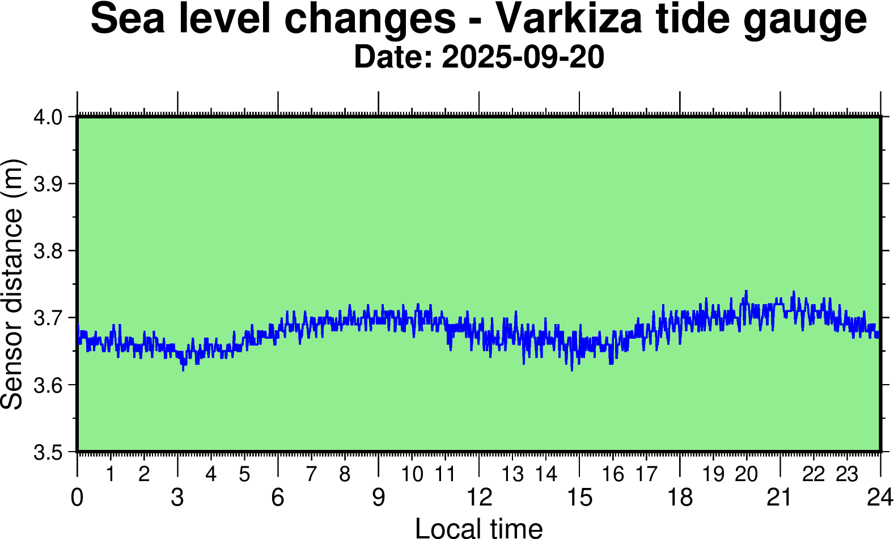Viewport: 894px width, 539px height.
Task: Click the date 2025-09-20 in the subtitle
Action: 523,58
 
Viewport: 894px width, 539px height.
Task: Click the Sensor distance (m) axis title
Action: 12,284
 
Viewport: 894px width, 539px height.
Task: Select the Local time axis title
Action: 479,528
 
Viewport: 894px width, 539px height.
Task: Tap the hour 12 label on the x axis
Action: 479,498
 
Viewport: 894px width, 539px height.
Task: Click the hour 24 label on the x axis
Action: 880,498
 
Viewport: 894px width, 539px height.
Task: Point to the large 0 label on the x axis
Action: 77,498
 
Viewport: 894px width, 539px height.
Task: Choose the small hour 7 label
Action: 311,474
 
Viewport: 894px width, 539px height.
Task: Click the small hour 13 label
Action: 513,474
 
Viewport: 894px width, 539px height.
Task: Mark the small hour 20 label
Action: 746,474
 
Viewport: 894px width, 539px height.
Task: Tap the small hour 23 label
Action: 847,474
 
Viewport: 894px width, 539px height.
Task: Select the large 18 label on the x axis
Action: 680,498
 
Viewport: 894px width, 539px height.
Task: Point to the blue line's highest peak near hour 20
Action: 746,291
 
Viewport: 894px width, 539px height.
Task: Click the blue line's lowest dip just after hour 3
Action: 183,370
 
